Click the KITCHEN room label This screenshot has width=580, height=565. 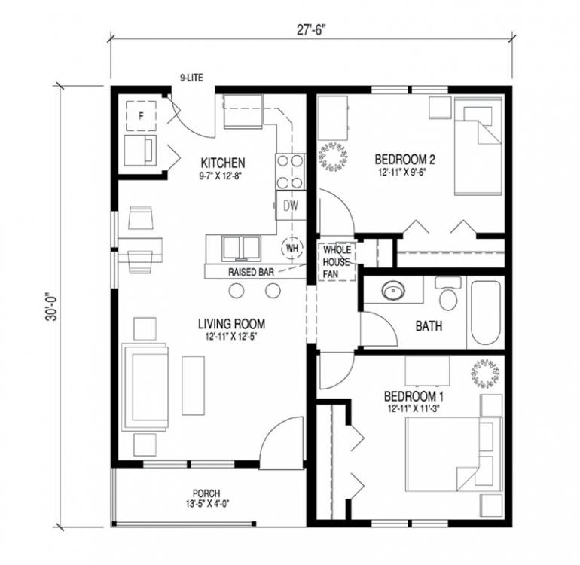tap(223, 163)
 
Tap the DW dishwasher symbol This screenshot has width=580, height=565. tap(291, 206)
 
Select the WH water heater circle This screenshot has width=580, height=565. tap(292, 248)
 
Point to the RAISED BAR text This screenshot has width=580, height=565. tap(251, 272)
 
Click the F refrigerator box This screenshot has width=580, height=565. tap(141, 116)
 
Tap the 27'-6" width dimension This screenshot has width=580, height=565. tap(310, 30)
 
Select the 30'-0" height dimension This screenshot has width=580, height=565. tap(52, 307)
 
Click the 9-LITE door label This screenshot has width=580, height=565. tap(191, 78)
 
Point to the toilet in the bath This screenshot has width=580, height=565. tap(448, 294)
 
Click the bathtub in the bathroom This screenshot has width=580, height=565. tap(485, 313)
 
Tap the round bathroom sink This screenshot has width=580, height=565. tap(394, 291)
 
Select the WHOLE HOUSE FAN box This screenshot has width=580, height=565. tap(337, 262)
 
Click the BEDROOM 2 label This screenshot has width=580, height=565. tap(404, 160)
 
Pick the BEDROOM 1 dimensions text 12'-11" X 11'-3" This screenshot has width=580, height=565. tap(414, 409)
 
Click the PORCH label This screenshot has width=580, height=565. tap(206, 493)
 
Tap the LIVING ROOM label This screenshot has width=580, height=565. tap(231, 324)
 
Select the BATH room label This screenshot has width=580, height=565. tap(429, 326)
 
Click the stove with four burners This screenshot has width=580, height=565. tap(290, 172)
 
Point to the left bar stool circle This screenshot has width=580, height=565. tap(237, 291)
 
